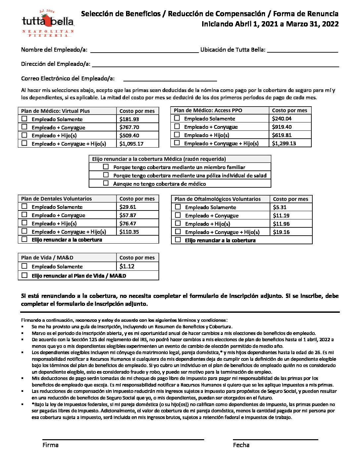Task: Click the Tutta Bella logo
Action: [48, 23]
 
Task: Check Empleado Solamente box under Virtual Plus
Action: [24, 119]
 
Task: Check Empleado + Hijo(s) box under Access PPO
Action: [177, 135]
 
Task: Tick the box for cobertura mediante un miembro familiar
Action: [106, 167]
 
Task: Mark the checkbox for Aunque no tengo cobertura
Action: [106, 183]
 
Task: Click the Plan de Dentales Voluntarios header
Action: [57, 199]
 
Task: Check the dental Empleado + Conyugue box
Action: [24, 215]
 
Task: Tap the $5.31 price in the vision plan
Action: [280, 207]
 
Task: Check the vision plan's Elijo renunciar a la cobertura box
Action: [178, 240]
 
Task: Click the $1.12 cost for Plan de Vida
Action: [127, 266]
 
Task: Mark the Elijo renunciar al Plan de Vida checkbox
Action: [24, 275]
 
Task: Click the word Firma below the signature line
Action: [51, 445]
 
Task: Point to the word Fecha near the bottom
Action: [241, 445]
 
